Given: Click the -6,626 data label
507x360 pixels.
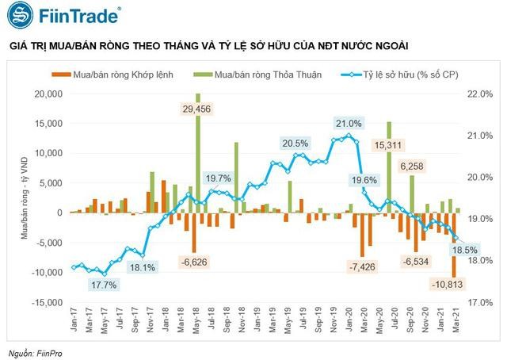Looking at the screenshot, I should point(193,261).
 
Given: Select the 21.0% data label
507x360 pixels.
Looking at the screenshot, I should point(349,124).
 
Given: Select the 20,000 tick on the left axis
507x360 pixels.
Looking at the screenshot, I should point(48,94).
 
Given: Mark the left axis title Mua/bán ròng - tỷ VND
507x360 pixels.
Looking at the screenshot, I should point(24,198).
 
